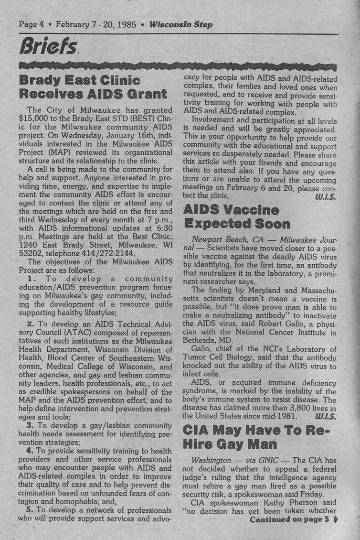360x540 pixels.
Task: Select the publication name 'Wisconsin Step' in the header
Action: (x=181, y=24)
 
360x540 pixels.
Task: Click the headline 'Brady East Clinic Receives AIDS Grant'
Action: (x=93, y=86)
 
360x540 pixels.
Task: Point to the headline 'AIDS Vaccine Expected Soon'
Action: (x=237, y=216)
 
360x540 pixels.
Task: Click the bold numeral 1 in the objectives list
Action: (x=30, y=279)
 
